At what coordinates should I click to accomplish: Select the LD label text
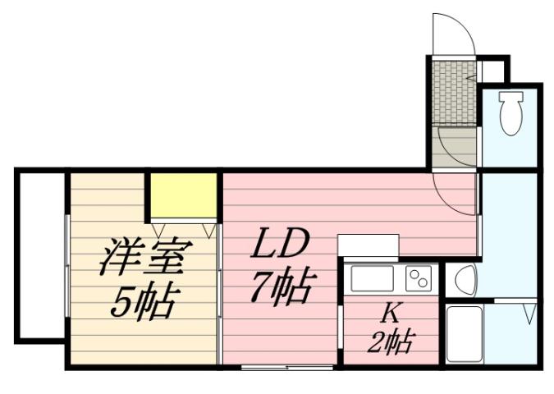(278, 245)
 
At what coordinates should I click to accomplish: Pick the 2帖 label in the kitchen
(389, 339)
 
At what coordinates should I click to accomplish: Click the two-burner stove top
(419, 279)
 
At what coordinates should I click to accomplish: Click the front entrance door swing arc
(452, 33)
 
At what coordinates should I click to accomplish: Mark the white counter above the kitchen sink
(368, 245)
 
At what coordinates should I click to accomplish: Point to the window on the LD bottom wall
(287, 365)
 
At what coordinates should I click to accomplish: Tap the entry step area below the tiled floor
(456, 148)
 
